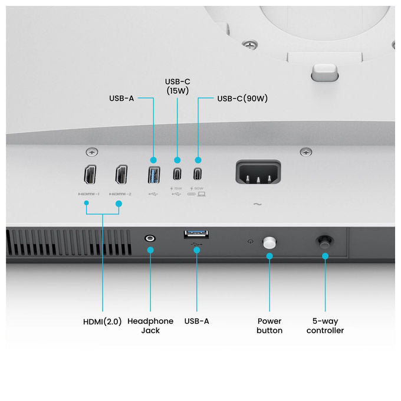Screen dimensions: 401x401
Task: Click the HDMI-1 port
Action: pyautogui.click(x=90, y=175)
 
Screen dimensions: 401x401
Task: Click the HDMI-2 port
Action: pyautogui.click(x=121, y=175)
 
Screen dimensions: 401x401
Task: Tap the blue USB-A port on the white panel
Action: pyautogui.click(x=154, y=175)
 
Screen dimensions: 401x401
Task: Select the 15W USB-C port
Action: pyautogui.click(x=178, y=174)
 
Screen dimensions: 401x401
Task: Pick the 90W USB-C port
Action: pyautogui.click(x=198, y=174)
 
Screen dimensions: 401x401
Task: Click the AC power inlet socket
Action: pyautogui.click(x=258, y=172)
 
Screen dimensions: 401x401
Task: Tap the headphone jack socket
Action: pyautogui.click(x=150, y=238)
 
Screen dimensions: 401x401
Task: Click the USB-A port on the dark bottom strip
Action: pyautogui.click(x=196, y=234)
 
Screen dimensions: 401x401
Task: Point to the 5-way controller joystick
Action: pyautogui.click(x=324, y=242)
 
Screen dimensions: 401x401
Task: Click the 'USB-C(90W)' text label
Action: pyautogui.click(x=242, y=98)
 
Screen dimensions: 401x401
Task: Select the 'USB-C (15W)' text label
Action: pyautogui.click(x=178, y=86)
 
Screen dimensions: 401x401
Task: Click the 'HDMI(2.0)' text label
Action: pyautogui.click(x=102, y=321)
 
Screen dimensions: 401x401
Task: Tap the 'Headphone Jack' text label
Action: pyautogui.click(x=150, y=326)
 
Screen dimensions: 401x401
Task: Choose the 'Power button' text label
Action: pyautogui.click(x=269, y=326)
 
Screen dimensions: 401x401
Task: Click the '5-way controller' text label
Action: pyautogui.click(x=325, y=326)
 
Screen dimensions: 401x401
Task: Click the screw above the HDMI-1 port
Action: pyautogui.click(x=92, y=152)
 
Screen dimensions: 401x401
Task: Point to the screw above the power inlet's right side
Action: pyautogui.click(x=306, y=152)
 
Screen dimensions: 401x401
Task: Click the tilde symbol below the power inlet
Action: pyautogui.click(x=258, y=204)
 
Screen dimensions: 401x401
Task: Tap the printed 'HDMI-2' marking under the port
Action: pyautogui.click(x=120, y=194)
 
